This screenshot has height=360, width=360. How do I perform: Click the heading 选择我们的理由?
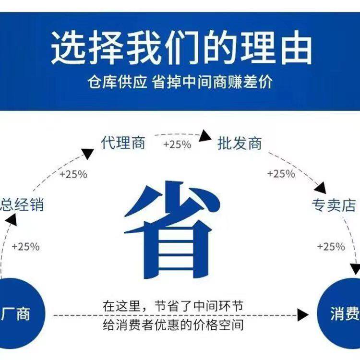pos(181,48)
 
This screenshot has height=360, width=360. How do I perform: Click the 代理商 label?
pos(123,143)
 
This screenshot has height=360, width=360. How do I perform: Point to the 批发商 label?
pos(240,143)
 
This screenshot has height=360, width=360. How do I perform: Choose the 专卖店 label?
pos(334,205)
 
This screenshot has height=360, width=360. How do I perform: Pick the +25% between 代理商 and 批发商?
pos(177,144)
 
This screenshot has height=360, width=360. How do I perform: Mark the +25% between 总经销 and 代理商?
pos(73,174)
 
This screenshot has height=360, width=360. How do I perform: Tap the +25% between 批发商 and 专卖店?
pos(281,174)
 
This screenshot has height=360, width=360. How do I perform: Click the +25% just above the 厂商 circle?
pos(25,247)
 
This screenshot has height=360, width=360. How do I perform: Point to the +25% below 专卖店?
pos(331,247)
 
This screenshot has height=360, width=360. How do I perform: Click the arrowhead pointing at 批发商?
pos(205,136)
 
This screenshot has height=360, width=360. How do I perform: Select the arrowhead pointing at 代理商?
pos(88,154)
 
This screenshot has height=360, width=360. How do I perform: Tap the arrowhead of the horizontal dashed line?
pos(302,315)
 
